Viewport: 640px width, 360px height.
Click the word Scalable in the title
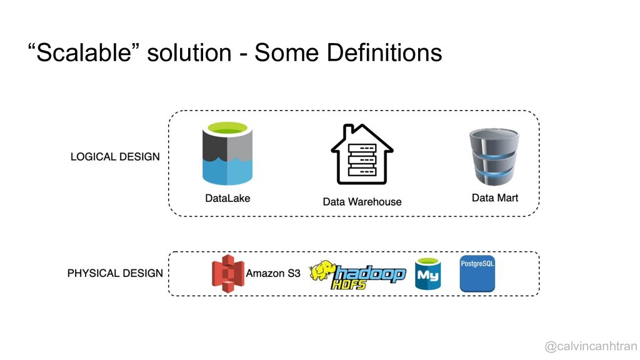pyautogui.click(x=84, y=52)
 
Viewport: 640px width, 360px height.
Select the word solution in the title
pyautogui.click(x=189, y=52)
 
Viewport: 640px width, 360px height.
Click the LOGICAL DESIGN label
pyautogui.click(x=115, y=157)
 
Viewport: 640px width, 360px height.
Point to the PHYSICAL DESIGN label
pyautogui.click(x=115, y=273)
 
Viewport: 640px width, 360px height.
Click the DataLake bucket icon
pyautogui.click(x=227, y=154)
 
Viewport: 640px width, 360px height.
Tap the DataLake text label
pyautogui.click(x=227, y=198)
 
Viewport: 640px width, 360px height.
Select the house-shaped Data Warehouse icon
pyautogui.click(x=362, y=154)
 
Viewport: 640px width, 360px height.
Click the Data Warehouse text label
pyautogui.click(x=362, y=202)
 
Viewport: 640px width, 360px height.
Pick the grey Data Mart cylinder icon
pyautogui.click(x=494, y=157)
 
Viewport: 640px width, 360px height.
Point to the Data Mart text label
pyautogui.click(x=495, y=198)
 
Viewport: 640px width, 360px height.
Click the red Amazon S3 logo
pyautogui.click(x=227, y=274)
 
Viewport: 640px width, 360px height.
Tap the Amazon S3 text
pyautogui.click(x=272, y=273)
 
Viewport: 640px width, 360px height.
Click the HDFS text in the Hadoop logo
pyautogui.click(x=349, y=284)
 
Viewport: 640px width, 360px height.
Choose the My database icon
pyautogui.click(x=427, y=274)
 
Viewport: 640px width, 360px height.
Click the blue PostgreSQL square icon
pyautogui.click(x=477, y=274)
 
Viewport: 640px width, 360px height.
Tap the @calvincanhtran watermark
pyautogui.click(x=591, y=346)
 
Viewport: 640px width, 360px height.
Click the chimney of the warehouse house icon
pyautogui.click(x=348, y=131)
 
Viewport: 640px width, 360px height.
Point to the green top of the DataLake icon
pyautogui.click(x=227, y=127)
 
